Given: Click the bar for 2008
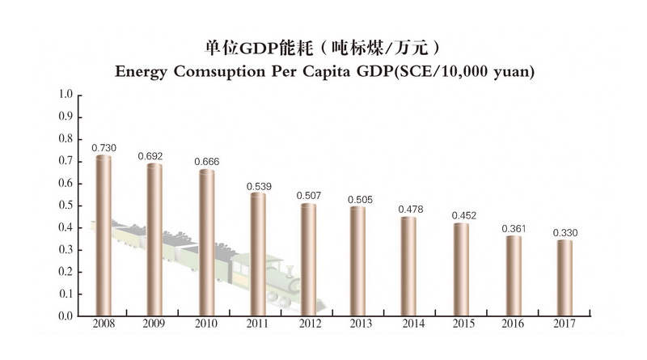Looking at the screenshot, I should [104, 235].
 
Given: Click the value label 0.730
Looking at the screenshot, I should [104, 147].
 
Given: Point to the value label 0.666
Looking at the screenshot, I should [207, 162].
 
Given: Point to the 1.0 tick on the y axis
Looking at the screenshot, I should [66, 95].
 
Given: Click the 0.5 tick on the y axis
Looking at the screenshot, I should [66, 205].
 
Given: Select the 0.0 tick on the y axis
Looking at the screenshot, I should [66, 316].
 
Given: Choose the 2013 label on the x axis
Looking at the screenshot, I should [361, 324].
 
